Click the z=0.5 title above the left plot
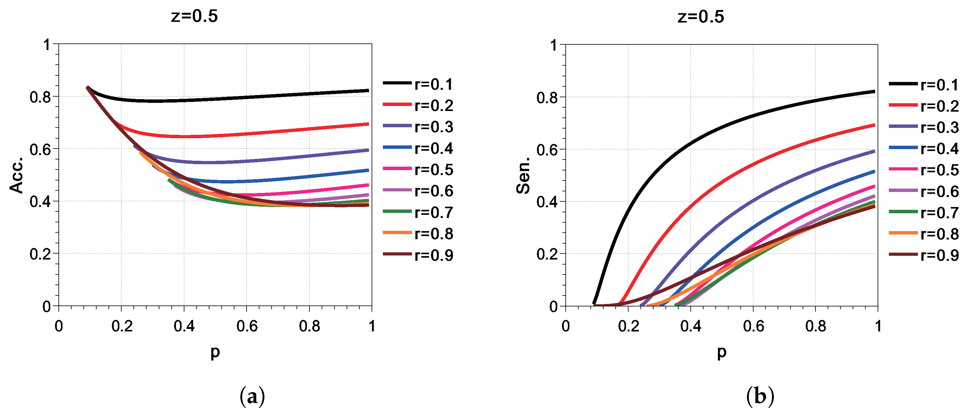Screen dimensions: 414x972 (x=194, y=17)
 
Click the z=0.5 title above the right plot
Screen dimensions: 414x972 (x=701, y=17)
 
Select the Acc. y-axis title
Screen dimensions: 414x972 (x=17, y=175)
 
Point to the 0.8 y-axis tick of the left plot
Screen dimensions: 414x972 (x=40, y=97)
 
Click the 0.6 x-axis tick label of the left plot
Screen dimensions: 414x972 (x=247, y=326)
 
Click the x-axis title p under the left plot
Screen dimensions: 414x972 (x=215, y=352)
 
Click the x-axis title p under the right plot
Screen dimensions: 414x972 (x=721, y=352)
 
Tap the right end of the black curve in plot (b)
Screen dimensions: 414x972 (x=874, y=92)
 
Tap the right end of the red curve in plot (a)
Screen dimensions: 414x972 (x=368, y=124)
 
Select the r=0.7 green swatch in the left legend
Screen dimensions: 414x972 (x=397, y=211)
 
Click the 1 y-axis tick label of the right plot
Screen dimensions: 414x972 (x=554, y=45)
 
